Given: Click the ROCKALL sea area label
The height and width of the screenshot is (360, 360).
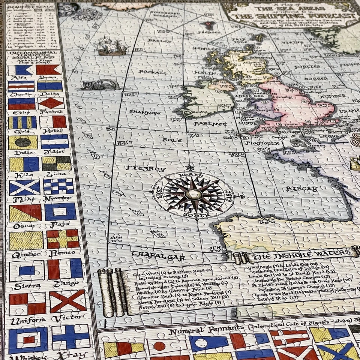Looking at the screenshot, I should [x=152, y=72].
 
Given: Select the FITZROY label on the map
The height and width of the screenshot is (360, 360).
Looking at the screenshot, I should [x=146, y=169].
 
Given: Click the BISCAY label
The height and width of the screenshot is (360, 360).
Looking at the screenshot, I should [x=302, y=189].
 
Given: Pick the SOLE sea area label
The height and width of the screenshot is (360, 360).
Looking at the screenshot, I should [x=172, y=140].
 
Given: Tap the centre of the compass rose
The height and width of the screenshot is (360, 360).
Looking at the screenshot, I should [x=193, y=194].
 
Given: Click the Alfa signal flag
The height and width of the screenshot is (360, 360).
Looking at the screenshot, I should [x=21, y=70].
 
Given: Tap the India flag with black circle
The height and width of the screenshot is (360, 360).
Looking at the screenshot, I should [x=23, y=142].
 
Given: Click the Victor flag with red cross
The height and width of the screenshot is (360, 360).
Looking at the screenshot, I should [x=67, y=301].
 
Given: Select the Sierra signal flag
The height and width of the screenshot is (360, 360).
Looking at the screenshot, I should [x=26, y=270].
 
